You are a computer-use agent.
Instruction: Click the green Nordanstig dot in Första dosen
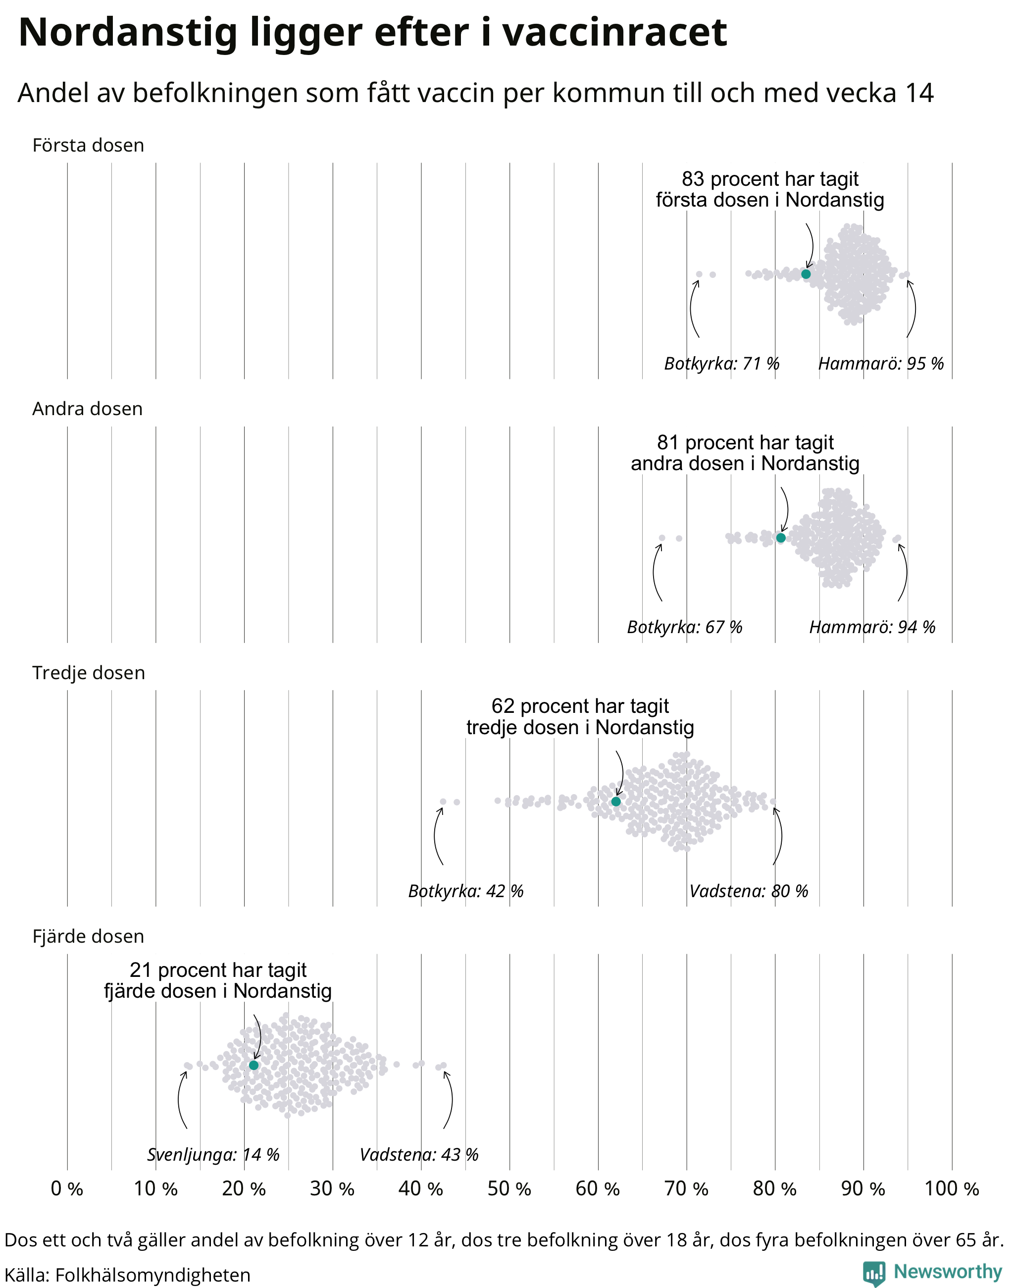click(x=806, y=274)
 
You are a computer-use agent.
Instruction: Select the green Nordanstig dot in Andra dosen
click(x=781, y=537)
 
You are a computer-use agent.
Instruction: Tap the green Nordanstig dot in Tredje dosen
click(x=615, y=802)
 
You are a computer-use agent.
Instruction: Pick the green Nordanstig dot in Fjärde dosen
click(x=253, y=1065)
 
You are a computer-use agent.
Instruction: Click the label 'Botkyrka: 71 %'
click(x=721, y=363)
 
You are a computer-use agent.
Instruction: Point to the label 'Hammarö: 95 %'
click(x=881, y=363)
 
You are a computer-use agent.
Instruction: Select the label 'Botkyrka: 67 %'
click(x=685, y=627)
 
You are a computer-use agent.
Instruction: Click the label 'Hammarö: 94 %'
click(x=872, y=627)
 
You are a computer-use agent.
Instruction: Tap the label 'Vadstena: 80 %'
click(x=749, y=891)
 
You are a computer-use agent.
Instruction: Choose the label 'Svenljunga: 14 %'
click(x=213, y=1154)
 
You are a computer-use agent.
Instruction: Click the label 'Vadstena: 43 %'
click(x=419, y=1154)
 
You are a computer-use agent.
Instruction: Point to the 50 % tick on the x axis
click(x=509, y=1189)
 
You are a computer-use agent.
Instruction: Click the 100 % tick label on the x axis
click(x=952, y=1189)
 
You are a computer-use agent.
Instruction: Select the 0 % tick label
click(x=67, y=1189)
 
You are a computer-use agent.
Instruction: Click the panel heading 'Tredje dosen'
click(x=89, y=673)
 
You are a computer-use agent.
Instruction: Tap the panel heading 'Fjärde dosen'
click(x=89, y=936)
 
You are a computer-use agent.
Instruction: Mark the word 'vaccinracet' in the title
click(x=615, y=32)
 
